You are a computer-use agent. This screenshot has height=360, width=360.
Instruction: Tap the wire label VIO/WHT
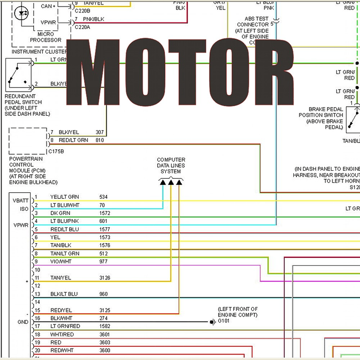(61, 261)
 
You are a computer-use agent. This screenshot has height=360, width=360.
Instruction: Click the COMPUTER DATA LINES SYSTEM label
(171, 166)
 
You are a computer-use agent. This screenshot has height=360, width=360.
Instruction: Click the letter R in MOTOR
(272, 71)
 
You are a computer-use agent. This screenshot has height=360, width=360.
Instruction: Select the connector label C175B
(56, 151)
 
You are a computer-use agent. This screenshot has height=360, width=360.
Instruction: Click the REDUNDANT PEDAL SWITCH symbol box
(18, 74)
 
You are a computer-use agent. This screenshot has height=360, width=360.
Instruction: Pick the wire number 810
(100, 140)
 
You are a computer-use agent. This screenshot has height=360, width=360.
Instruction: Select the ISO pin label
(24, 209)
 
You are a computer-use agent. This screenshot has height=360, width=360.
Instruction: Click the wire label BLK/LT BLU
(64, 294)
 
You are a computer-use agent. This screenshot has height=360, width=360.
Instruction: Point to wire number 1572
(105, 213)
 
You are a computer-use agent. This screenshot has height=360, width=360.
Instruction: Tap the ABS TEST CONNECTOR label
(253, 25)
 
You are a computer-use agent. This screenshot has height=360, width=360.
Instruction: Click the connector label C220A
(82, 27)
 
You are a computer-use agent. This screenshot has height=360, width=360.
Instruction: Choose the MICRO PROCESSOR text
(46, 37)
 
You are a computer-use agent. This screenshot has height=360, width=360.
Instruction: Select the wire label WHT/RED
(62, 334)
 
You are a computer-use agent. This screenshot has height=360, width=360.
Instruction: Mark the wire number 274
(103, 318)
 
